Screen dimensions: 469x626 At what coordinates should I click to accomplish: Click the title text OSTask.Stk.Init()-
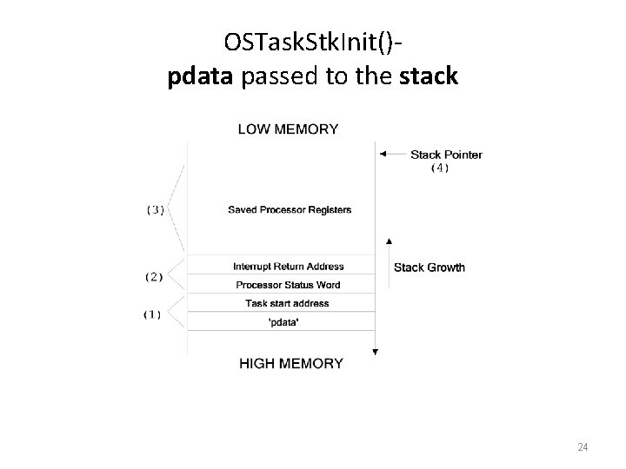pos(312,41)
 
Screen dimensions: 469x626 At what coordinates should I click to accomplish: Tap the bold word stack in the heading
pos(429,76)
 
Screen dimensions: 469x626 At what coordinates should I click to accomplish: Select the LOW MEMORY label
pos(289,129)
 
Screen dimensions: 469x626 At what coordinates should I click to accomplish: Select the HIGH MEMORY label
pos(291,364)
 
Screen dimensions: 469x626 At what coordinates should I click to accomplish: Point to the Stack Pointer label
pos(446,155)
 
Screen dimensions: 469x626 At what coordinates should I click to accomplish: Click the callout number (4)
pos(440,168)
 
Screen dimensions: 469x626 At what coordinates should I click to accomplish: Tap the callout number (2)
pos(154,276)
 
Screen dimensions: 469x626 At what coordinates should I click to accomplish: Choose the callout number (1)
pos(152,314)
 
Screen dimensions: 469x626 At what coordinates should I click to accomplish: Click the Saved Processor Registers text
pos(290,210)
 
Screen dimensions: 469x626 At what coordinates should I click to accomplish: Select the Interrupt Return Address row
pos(289,267)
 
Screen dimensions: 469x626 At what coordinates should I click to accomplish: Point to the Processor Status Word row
pos(288,285)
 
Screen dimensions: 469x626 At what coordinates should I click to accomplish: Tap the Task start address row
pos(288,303)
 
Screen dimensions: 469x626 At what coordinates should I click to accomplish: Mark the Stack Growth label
pos(430,268)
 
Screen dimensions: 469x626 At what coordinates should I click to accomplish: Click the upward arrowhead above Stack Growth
pos(389,241)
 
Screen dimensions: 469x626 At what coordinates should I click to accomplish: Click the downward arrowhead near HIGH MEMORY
pos(375,351)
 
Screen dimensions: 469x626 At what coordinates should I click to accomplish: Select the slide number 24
pos(583,447)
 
